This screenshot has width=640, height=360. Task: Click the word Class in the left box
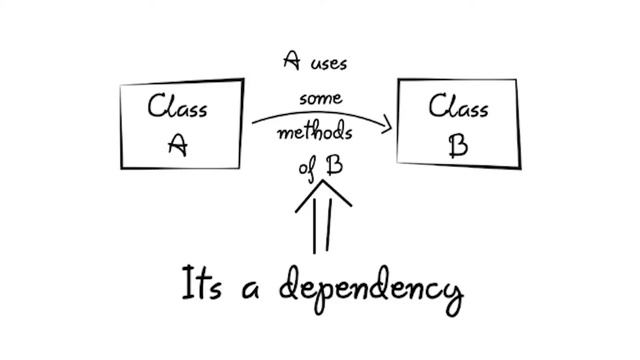click(177, 106)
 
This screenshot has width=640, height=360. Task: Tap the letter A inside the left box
click(178, 145)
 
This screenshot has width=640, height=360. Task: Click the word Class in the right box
click(458, 106)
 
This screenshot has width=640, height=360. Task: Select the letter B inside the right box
click(458, 146)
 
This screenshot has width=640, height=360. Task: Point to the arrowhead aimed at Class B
click(387, 124)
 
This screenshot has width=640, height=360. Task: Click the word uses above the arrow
click(329, 64)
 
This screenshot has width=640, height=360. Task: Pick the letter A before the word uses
click(292, 60)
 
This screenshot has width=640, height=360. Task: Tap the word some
click(321, 99)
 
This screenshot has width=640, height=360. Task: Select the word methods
click(315, 133)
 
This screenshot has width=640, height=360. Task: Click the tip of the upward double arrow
click(323, 180)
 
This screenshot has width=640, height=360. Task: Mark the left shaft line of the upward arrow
click(314, 224)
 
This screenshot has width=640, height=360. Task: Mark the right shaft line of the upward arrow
click(329, 225)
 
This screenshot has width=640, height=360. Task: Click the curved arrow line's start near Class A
click(253, 122)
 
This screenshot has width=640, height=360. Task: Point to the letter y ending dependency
click(454, 299)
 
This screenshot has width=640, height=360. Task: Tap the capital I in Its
click(187, 282)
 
